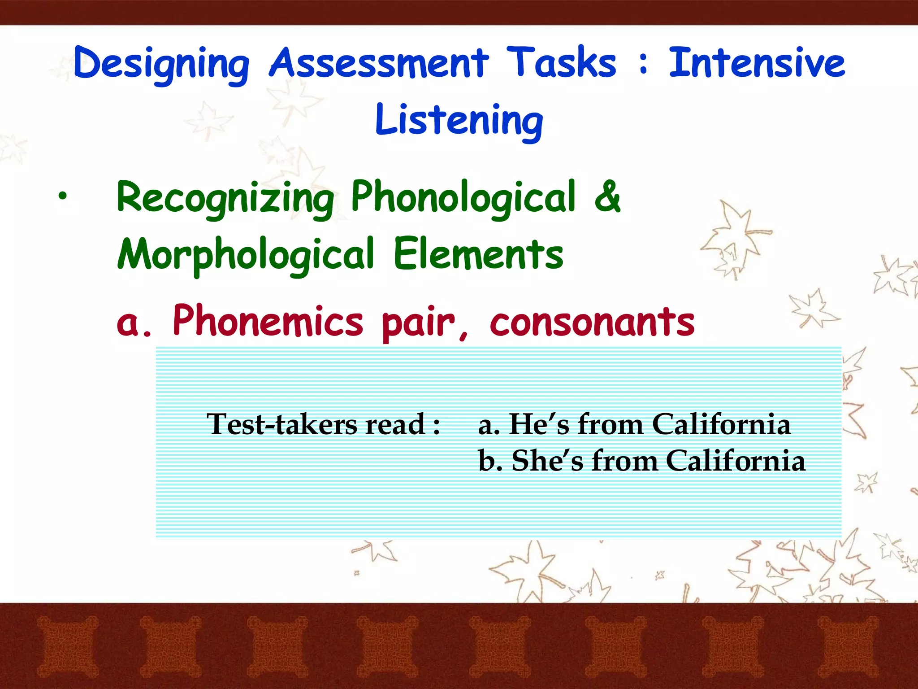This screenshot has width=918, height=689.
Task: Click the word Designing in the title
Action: click(x=161, y=64)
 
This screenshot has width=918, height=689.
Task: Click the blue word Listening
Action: click(x=459, y=120)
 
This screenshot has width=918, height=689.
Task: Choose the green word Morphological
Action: click(x=245, y=255)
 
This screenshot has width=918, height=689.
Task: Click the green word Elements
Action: click(x=478, y=255)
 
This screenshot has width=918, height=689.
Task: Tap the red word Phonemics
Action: click(x=268, y=321)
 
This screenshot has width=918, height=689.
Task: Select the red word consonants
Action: click(x=592, y=322)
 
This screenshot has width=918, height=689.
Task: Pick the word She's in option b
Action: click(x=547, y=461)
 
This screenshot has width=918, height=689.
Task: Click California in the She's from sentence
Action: click(x=735, y=461)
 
